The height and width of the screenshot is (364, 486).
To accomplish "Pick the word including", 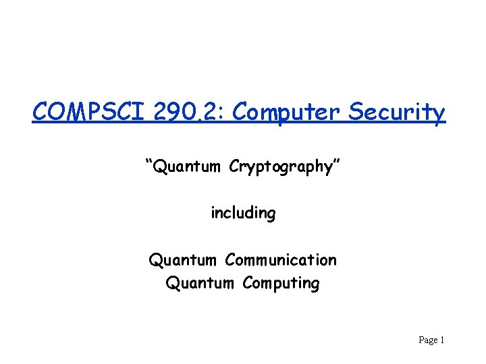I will point(243,214).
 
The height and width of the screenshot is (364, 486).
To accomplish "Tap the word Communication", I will point(281,260).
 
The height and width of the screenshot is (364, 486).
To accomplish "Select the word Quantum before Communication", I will point(183,260).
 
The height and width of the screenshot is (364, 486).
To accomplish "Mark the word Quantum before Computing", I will point(200,283).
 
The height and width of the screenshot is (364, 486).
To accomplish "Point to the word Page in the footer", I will point(428,340).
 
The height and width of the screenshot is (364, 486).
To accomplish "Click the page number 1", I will point(441,340).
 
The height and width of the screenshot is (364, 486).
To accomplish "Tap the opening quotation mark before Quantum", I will point(148,162).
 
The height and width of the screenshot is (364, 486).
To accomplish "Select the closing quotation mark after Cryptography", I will point(335,162).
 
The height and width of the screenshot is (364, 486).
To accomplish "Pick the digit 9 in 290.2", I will point(175,111).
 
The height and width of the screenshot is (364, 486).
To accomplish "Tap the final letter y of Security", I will point(439,115).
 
